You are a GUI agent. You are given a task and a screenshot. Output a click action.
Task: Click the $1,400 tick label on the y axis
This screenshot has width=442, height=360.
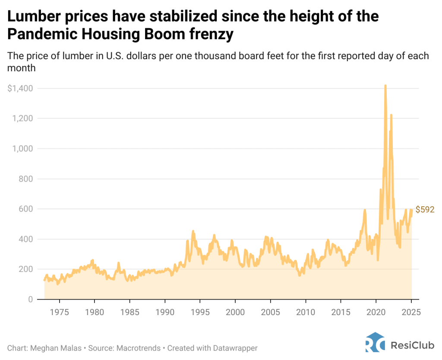pyautogui.click(x=20, y=88)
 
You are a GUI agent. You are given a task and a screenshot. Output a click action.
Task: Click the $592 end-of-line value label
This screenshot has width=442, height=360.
pyautogui.click(x=425, y=210)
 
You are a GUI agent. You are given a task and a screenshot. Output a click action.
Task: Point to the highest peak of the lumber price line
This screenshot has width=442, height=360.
pyautogui.click(x=385, y=85)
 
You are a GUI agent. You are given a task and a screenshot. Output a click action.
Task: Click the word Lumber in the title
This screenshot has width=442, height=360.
pyautogui.click(x=32, y=17)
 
